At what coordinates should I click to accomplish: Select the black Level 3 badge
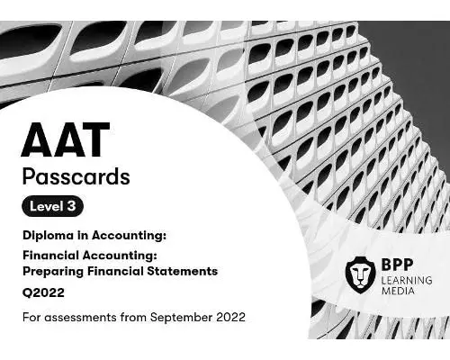pos(54,207)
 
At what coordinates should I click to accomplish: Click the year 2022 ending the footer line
pos(228,317)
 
